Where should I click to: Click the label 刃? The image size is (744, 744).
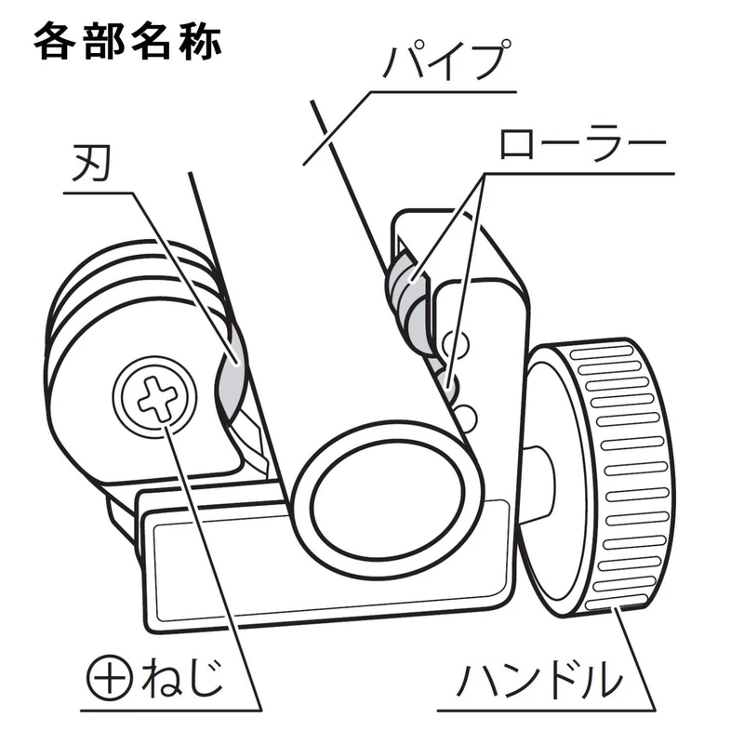[x=91, y=166]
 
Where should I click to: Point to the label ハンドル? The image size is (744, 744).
[x=538, y=680]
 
